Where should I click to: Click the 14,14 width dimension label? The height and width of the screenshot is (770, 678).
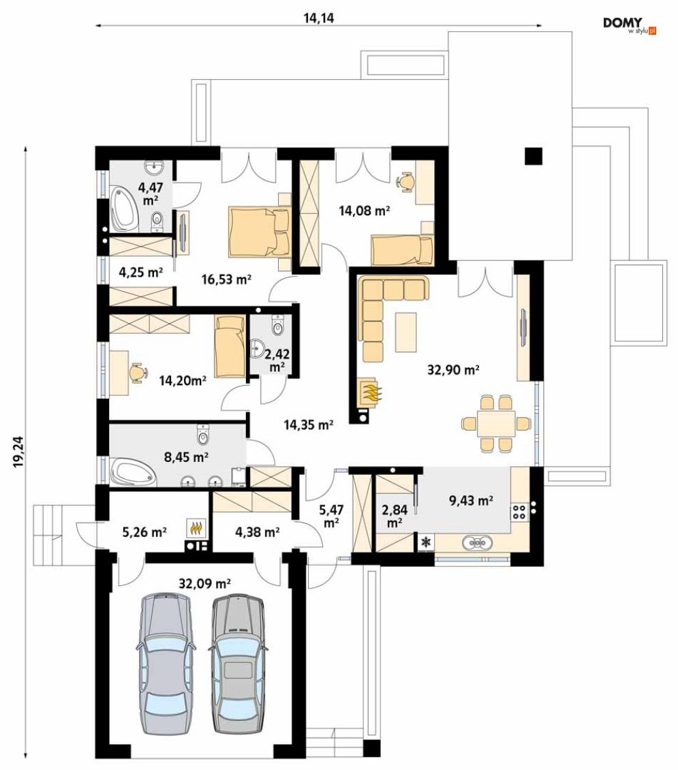[x=319, y=18]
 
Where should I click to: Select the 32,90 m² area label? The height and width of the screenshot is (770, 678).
[x=453, y=369]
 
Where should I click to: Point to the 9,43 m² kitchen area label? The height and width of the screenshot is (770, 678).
[x=471, y=500]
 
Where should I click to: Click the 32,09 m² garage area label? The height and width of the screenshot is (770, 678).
[x=204, y=583]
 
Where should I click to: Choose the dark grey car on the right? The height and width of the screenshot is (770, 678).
[x=238, y=664]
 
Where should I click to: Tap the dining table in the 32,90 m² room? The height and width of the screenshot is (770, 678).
[x=496, y=423]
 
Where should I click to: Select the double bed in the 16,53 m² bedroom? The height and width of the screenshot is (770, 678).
[x=259, y=233]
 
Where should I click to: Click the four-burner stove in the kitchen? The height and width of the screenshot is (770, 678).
[x=519, y=512]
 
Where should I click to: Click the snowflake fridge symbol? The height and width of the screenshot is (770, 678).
[x=426, y=542]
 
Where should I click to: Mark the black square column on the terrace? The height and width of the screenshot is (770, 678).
[x=533, y=156]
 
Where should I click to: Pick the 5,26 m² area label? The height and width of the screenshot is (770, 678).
[x=144, y=532]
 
